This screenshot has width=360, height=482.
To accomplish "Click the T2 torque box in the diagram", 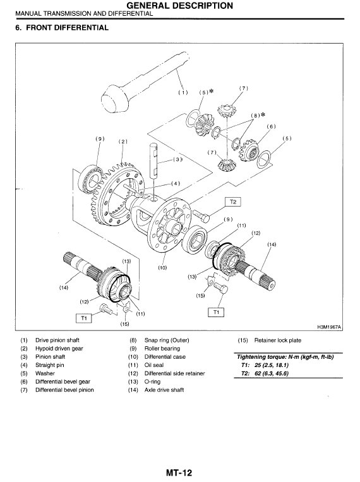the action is [x=233, y=202].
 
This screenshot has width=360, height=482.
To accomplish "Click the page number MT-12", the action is [x=179, y=473].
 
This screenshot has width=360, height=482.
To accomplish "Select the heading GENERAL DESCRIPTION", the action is [x=180, y=6].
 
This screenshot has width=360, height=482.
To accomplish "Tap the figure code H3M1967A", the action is [x=329, y=327].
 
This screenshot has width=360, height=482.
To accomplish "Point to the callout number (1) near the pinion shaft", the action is [x=183, y=92].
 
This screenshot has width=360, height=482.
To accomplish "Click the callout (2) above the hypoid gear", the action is [x=123, y=142].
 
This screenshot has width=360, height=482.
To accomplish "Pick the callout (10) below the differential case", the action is [x=162, y=267].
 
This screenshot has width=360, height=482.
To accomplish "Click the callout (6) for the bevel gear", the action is [x=271, y=126].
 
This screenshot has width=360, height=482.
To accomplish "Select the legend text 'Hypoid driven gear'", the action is [x=59, y=348].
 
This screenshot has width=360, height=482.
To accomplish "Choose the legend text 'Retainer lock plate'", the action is [x=278, y=340].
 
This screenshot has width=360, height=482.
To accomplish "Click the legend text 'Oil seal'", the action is [x=153, y=365].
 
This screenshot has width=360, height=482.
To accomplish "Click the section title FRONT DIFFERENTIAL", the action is [x=68, y=28].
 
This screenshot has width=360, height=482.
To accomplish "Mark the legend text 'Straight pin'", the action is [x=49, y=365].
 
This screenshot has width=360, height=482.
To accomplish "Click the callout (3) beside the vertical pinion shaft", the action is [x=177, y=160].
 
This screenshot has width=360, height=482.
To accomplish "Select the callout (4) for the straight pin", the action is [x=176, y=184].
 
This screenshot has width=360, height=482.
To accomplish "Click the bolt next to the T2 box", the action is [x=200, y=215].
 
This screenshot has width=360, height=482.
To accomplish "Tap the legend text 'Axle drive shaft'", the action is [x=164, y=390].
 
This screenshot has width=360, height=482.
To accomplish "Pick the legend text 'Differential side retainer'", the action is [x=174, y=373].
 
